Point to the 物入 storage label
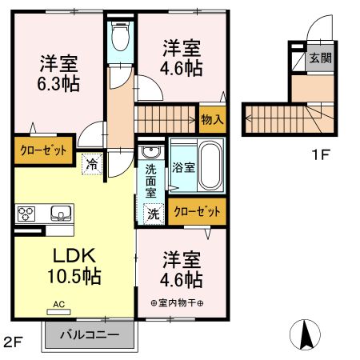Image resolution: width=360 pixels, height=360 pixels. (213, 120)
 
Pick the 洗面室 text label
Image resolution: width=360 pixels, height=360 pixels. (151, 180)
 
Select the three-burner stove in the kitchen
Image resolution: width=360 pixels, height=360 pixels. (25, 214)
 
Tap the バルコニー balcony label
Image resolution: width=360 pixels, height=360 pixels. (90, 334)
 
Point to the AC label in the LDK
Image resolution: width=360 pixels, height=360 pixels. (61, 303)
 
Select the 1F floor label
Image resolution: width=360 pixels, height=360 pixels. (321, 154)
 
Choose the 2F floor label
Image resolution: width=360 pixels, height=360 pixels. (13, 342)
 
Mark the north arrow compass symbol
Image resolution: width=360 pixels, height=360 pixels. (306, 334)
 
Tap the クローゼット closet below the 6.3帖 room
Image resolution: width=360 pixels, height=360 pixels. (43, 148)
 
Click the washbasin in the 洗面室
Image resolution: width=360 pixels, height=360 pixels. (149, 152)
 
